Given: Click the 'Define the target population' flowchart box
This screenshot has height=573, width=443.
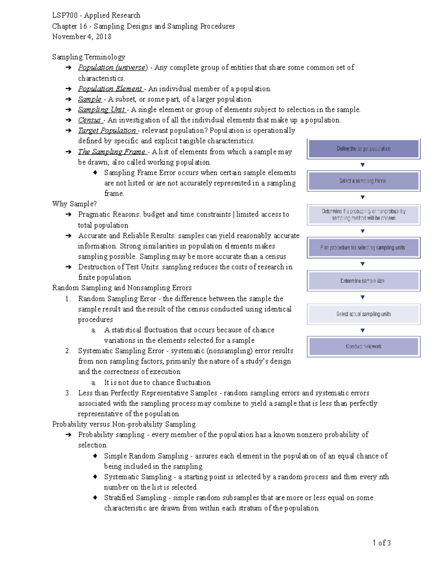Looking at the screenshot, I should [364, 149].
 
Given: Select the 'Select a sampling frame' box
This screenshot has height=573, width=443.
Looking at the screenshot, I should [364, 181].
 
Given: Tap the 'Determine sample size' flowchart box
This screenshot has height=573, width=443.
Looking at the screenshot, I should [364, 281].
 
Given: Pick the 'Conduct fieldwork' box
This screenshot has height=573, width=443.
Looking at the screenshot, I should [364, 346].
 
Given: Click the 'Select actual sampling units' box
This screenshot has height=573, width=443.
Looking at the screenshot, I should [364, 314].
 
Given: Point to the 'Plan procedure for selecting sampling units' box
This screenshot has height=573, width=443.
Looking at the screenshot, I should [364, 248].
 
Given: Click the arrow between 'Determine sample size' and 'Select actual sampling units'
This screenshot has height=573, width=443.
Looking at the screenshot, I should [363, 297].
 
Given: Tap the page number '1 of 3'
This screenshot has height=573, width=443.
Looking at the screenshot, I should [382, 543].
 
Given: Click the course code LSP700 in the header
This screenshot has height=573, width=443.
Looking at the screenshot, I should [65, 15].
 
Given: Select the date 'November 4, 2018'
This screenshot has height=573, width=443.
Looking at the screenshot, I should [82, 37].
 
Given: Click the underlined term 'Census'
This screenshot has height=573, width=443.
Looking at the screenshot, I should [90, 120].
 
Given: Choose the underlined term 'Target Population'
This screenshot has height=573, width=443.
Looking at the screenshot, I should [107, 130].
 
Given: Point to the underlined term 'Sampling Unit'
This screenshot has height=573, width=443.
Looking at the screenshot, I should [102, 110].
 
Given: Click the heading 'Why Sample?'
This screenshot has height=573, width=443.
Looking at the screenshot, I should [74, 204].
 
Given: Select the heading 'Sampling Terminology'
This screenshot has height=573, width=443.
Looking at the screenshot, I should [89, 57].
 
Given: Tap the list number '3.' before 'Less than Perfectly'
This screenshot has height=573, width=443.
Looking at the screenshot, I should [68, 393].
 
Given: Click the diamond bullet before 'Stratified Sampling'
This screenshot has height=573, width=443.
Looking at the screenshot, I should [95, 497].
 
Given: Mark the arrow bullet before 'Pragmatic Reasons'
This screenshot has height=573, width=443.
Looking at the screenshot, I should [68, 214].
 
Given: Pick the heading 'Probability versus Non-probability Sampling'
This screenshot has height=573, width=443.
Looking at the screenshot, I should [124, 424].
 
